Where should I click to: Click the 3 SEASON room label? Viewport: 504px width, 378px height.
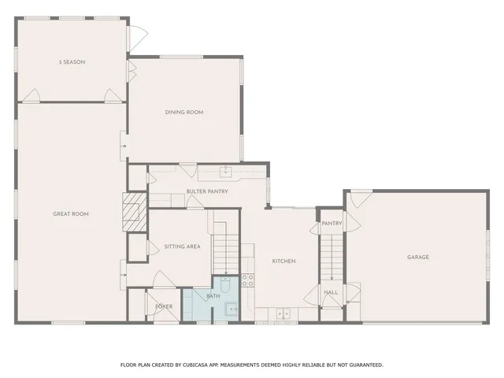[72, 61]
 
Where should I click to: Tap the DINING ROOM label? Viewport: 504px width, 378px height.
[184, 113]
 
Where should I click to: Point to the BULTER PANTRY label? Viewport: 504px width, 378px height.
[207, 191]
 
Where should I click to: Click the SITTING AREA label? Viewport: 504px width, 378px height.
[182, 246]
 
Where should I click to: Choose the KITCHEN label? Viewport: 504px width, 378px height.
[283, 261]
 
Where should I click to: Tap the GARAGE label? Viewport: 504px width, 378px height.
[418, 257]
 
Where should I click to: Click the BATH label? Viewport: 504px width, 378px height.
[213, 296]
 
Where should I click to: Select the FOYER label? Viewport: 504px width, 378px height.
[164, 306]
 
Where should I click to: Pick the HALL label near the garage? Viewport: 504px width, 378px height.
[331, 293]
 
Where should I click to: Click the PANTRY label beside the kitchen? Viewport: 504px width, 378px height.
[332, 224]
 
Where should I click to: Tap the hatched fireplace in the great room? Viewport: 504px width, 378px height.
[131, 213]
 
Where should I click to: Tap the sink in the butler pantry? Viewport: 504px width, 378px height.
[224, 170]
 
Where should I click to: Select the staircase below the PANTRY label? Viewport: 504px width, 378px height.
[332, 252]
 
